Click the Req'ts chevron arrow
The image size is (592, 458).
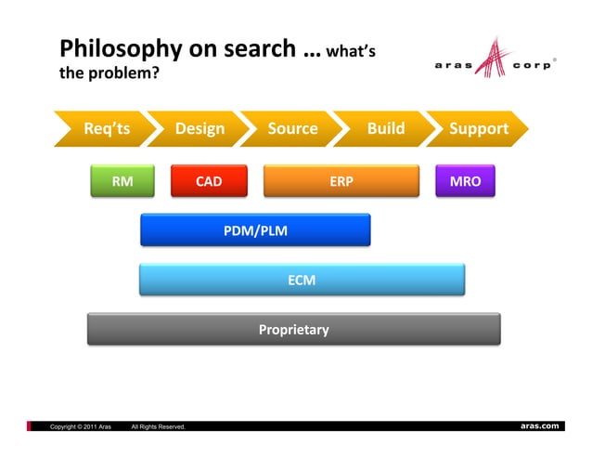point(107,129)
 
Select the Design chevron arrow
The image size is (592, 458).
point(199,129)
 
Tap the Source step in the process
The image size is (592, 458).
point(292,129)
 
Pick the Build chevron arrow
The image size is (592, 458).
point(385,129)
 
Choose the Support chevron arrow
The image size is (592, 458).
point(478,129)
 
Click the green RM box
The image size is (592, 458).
point(122,181)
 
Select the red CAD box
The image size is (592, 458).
point(209,181)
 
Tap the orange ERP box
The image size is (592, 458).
point(341,181)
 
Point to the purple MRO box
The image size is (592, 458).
point(465,181)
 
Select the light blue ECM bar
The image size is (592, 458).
point(302,279)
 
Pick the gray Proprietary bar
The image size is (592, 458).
point(293,329)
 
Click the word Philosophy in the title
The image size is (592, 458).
point(118,48)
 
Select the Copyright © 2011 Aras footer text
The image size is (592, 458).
point(81,426)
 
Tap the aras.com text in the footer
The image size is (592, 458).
point(539,425)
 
